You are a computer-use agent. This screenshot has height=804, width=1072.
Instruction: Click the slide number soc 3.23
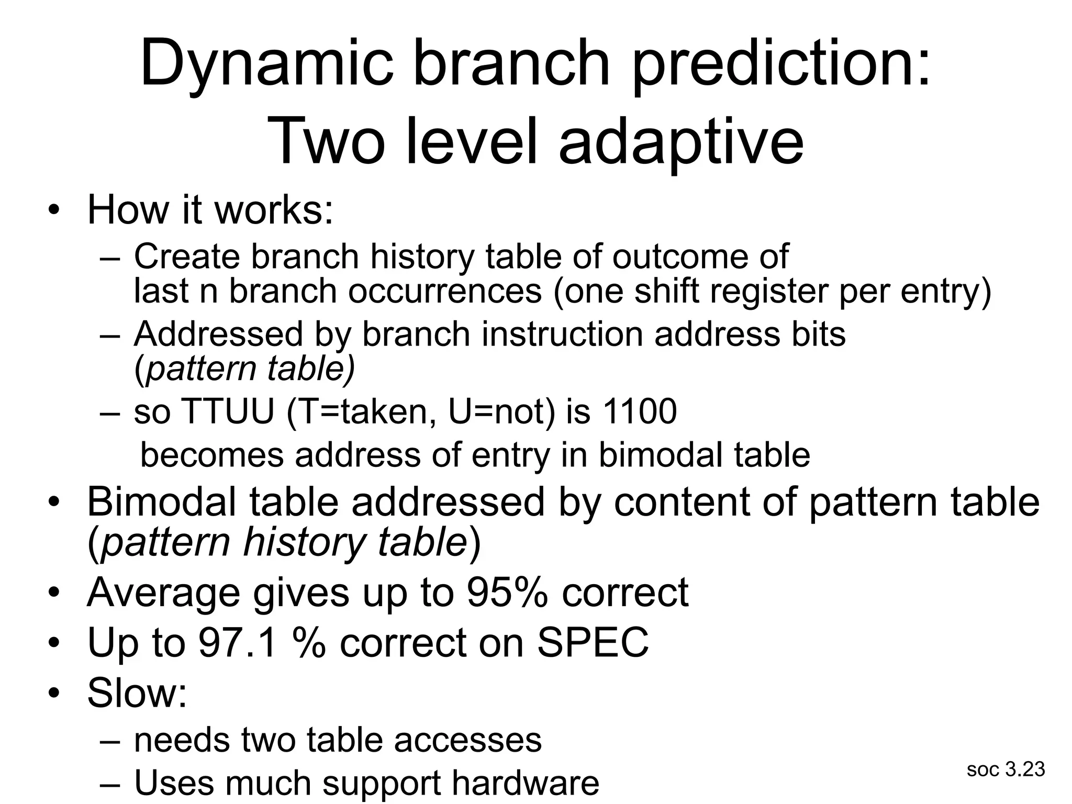(1006, 769)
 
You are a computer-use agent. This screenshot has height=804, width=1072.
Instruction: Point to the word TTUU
(228, 411)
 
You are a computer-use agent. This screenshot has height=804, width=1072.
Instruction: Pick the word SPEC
(593, 643)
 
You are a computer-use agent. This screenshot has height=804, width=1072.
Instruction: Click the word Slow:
(137, 693)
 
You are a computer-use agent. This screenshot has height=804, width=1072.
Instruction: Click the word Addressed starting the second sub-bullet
(218, 334)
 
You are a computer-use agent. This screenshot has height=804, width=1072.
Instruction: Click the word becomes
(212, 454)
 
